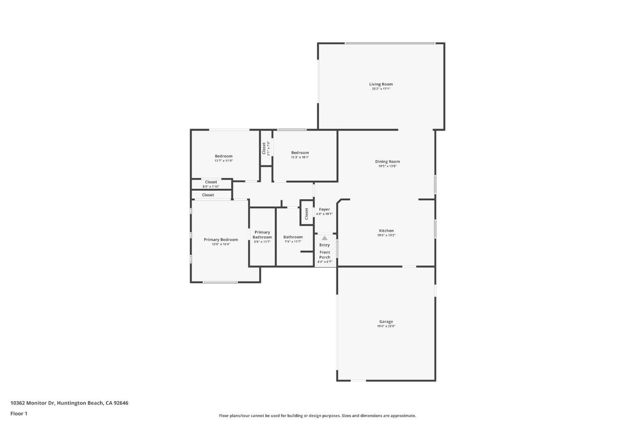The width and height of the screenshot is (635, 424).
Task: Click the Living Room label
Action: pos(381,84)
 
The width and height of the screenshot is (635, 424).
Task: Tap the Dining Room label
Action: pos(387,162)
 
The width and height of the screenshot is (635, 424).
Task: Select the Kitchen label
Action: pos(386,231)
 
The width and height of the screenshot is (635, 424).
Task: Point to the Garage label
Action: pos(386,322)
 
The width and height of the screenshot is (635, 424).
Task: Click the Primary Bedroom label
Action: pos(221,240)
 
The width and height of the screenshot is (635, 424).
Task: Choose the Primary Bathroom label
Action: pos(262,234)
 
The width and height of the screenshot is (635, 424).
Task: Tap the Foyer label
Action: pos(324,209)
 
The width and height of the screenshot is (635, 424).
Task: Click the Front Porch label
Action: pos(324,255)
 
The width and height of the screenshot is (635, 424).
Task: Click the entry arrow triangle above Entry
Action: pos(324,238)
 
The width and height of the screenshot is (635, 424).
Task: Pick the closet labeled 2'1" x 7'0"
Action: pos(264,148)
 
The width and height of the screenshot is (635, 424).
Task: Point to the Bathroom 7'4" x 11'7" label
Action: pos(293,237)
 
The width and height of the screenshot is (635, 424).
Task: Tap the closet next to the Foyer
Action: pos(306,213)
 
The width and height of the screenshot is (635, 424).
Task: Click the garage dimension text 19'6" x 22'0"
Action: pos(386,326)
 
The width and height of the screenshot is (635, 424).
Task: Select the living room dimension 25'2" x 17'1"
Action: pos(381,89)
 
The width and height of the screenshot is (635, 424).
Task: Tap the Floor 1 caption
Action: pos(19,413)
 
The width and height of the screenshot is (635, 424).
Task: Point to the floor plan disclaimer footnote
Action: pos(317,416)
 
